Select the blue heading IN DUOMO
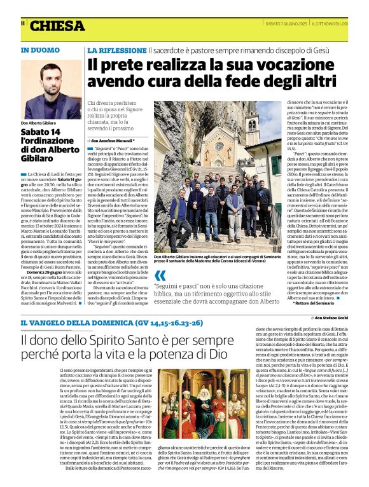[41, 50]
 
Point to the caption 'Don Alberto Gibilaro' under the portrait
[38, 123]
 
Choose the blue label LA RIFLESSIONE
[116, 50]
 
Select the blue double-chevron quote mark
[160, 275]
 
